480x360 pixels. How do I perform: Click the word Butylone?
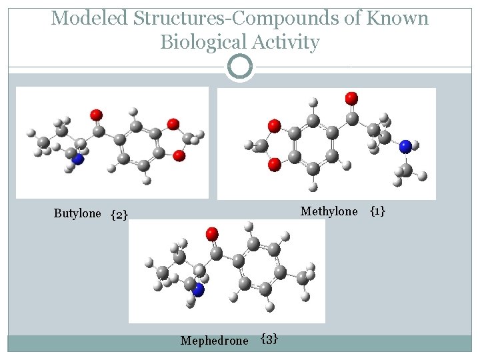click(77, 213)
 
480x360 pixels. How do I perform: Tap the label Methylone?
click(329, 211)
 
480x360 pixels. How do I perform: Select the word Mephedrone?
click(214, 341)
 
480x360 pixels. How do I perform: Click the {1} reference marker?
click(377, 211)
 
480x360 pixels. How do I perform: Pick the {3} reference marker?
click(269, 339)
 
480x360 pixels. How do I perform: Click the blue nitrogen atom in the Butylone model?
click(78, 159)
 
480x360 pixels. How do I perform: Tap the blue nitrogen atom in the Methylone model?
click(405, 146)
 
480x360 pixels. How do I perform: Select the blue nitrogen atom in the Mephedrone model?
click(198, 289)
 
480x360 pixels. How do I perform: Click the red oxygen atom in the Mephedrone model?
click(212, 233)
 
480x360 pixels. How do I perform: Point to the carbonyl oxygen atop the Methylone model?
click(351, 98)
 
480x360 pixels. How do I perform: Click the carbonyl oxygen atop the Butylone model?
click(97, 115)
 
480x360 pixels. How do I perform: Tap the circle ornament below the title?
click(240, 67)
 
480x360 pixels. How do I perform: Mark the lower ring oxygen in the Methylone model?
click(273, 164)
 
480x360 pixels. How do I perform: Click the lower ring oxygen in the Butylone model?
click(179, 155)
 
